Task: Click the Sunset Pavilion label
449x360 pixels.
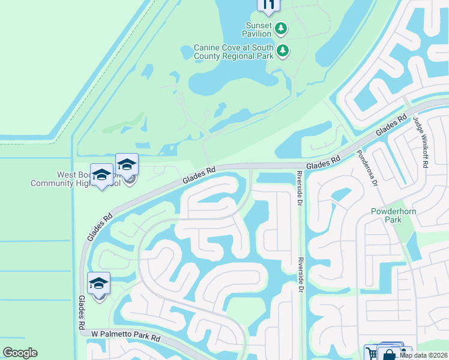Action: [259, 29]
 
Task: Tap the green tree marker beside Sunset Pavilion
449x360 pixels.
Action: [281, 28]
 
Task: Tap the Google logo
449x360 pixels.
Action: [20, 353]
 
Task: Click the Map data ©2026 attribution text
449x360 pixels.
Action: [424, 355]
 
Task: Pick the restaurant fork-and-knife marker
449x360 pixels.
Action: [268, 5]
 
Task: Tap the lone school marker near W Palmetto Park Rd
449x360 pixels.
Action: [99, 283]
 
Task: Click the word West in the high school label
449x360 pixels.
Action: [67, 175]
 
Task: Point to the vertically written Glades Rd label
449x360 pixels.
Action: [80, 312]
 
